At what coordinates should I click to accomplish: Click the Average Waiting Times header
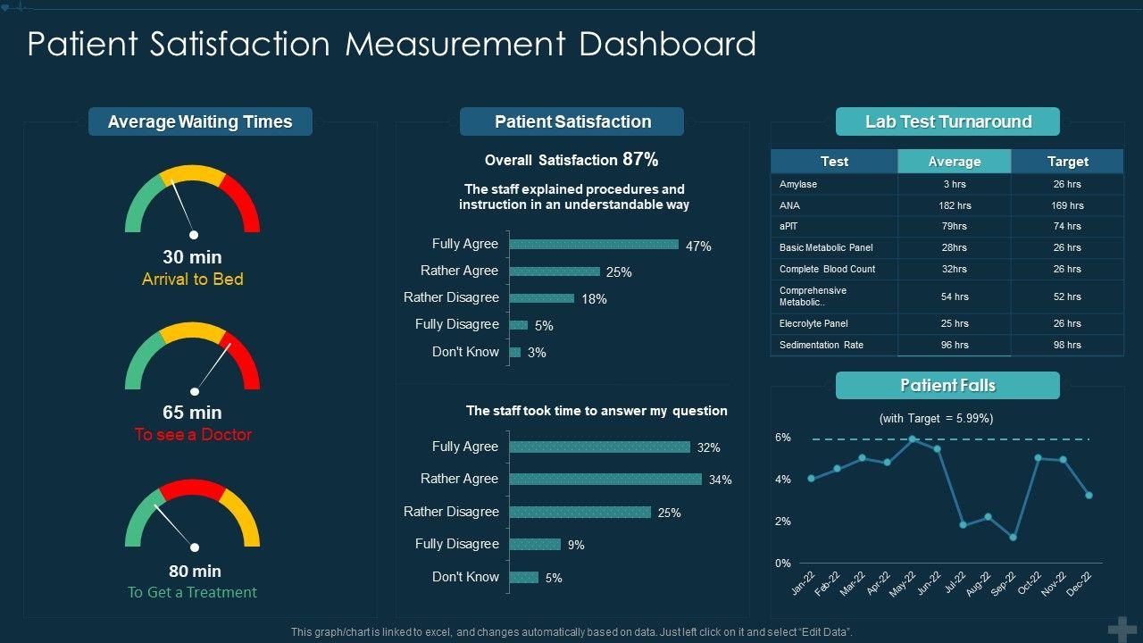click(x=200, y=121)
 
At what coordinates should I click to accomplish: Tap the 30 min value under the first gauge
click(x=192, y=257)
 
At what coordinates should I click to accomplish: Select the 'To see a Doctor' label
click(x=193, y=435)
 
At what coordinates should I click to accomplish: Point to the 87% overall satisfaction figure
click(x=640, y=160)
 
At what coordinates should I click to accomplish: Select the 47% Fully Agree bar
click(x=594, y=245)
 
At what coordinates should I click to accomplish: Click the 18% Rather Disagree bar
click(x=542, y=298)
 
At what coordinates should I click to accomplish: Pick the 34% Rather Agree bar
click(x=605, y=480)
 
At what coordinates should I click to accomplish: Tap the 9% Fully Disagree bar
click(x=535, y=544)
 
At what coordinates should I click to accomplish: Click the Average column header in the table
click(x=954, y=162)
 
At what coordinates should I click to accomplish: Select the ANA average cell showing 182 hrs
click(x=954, y=205)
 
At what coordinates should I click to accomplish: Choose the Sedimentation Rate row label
click(x=822, y=345)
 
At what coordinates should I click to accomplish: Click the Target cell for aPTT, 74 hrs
click(x=1067, y=227)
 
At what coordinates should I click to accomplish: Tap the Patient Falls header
click(x=947, y=386)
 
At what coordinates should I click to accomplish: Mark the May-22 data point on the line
click(x=913, y=439)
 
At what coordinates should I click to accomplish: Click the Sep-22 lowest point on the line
click(x=1013, y=538)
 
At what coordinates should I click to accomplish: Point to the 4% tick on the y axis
click(x=783, y=480)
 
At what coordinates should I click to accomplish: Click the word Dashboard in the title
click(x=667, y=44)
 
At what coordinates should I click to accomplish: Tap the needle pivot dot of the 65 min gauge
click(x=194, y=391)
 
